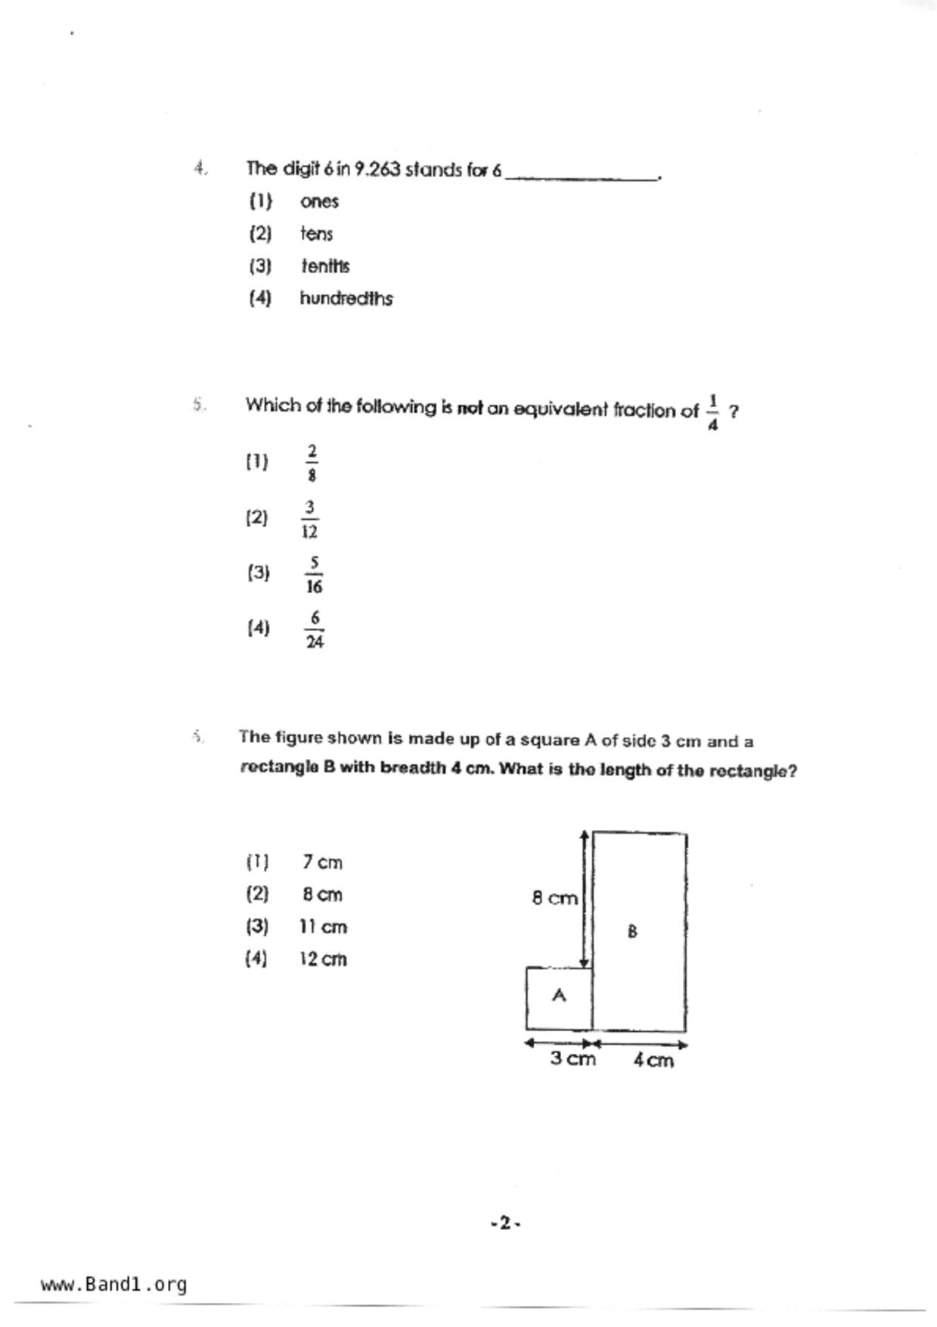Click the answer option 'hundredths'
click(x=346, y=299)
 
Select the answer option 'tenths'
click(x=325, y=266)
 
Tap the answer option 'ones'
click(x=319, y=202)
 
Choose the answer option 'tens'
click(x=316, y=235)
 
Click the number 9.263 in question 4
click(x=377, y=169)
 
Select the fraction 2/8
click(x=312, y=463)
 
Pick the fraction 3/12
click(x=309, y=519)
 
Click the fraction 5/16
click(x=314, y=574)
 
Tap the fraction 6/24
click(x=315, y=629)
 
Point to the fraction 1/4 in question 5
click(x=712, y=412)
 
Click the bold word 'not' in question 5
click(x=470, y=409)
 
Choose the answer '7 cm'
click(x=322, y=862)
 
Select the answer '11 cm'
click(x=323, y=927)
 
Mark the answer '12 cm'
click(x=323, y=959)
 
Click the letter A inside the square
click(x=559, y=996)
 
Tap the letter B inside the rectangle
click(x=633, y=931)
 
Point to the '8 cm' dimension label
click(x=554, y=898)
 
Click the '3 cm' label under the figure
click(x=572, y=1059)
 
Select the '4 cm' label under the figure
click(x=653, y=1061)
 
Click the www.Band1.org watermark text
click(x=113, y=1284)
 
